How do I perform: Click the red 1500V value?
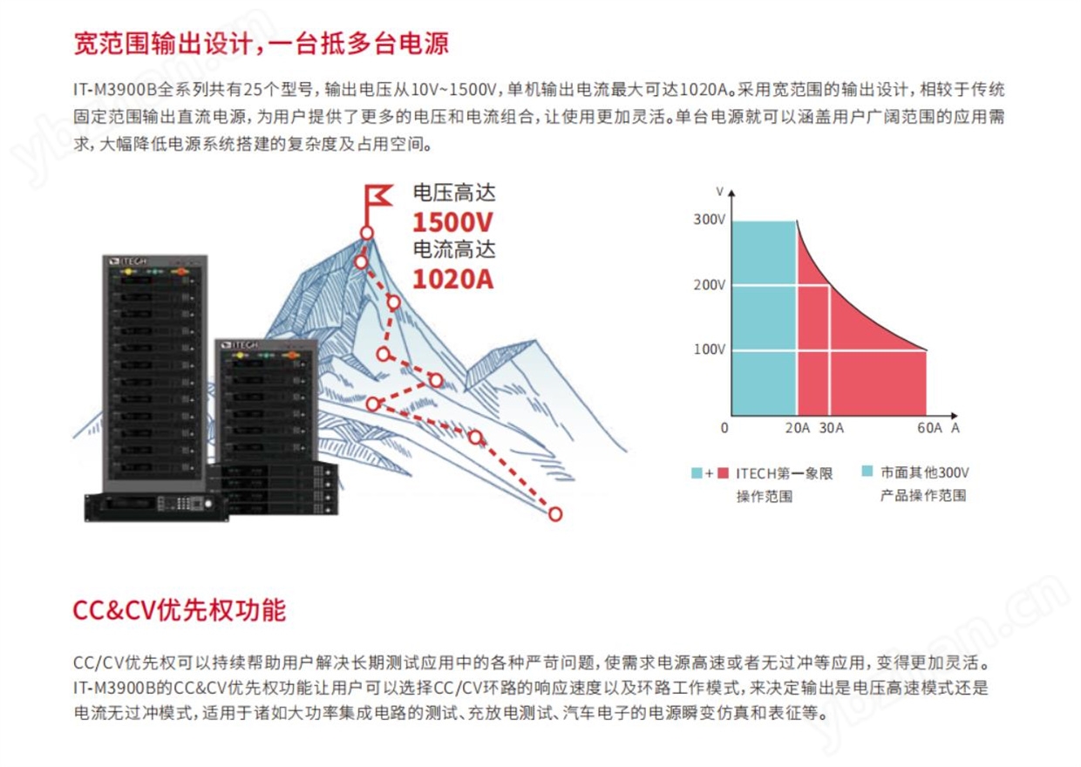pyautogui.click(x=452, y=222)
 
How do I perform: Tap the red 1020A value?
pyautogui.click(x=453, y=279)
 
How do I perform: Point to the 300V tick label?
pyautogui.click(x=709, y=220)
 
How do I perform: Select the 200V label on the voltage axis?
pyautogui.click(x=709, y=285)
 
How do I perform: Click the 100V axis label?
pyautogui.click(x=709, y=350)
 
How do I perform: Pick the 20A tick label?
pyautogui.click(x=797, y=428)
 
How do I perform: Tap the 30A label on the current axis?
pyautogui.click(x=831, y=428)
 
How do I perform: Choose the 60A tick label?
pyautogui.click(x=929, y=428)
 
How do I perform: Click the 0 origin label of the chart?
pyautogui.click(x=724, y=428)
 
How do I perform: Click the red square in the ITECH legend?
pyautogui.click(x=723, y=473)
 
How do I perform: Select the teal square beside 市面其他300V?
pyautogui.click(x=867, y=472)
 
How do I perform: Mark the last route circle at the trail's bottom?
pyautogui.click(x=555, y=514)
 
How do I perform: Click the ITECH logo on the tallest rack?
pyautogui.click(x=128, y=261)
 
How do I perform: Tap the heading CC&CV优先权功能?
pyautogui.click(x=179, y=610)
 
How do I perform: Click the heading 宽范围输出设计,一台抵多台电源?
pyautogui.click(x=261, y=43)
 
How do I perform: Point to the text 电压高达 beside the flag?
pyautogui.click(x=454, y=193)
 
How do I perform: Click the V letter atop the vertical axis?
pyautogui.click(x=719, y=192)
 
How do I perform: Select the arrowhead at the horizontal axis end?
pyautogui.click(x=954, y=416)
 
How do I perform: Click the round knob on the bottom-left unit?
pyautogui.click(x=208, y=504)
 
